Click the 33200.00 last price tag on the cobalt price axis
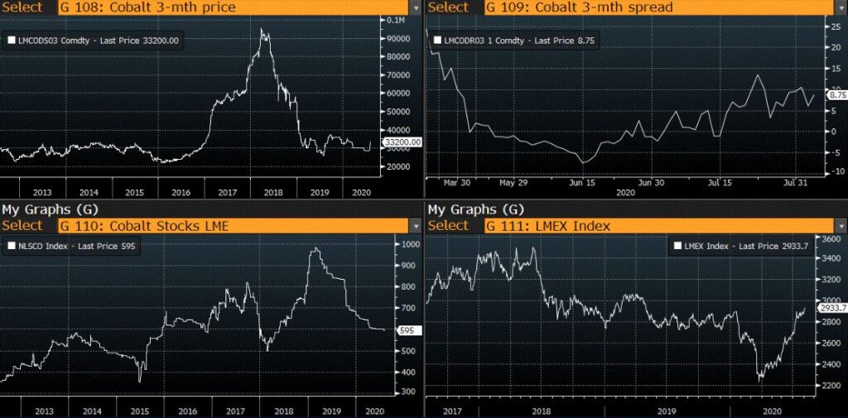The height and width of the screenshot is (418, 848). [402, 142]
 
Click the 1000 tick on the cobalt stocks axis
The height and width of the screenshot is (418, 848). [401, 244]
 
